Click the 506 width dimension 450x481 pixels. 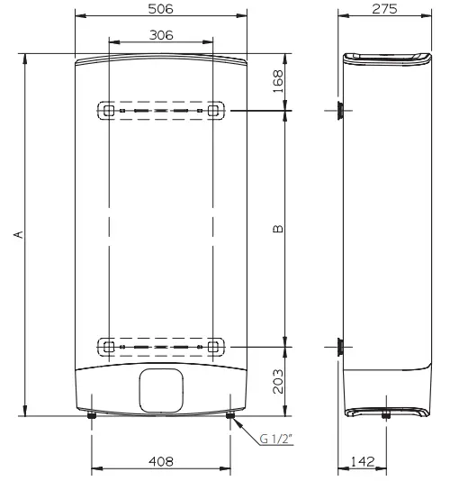coord(160,8)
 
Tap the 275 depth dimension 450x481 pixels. coord(387,8)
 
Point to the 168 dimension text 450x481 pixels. coord(278,82)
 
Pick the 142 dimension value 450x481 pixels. coord(364,461)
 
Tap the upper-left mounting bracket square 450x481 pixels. coord(107,110)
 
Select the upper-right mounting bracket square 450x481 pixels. coord(213,110)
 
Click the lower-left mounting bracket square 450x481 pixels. coord(107,346)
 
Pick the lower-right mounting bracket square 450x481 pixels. coord(213,346)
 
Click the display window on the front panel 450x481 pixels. coord(161,388)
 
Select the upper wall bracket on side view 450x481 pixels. coord(340,110)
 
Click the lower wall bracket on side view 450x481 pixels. coord(340,346)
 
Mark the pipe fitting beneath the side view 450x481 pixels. coord(386,416)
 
